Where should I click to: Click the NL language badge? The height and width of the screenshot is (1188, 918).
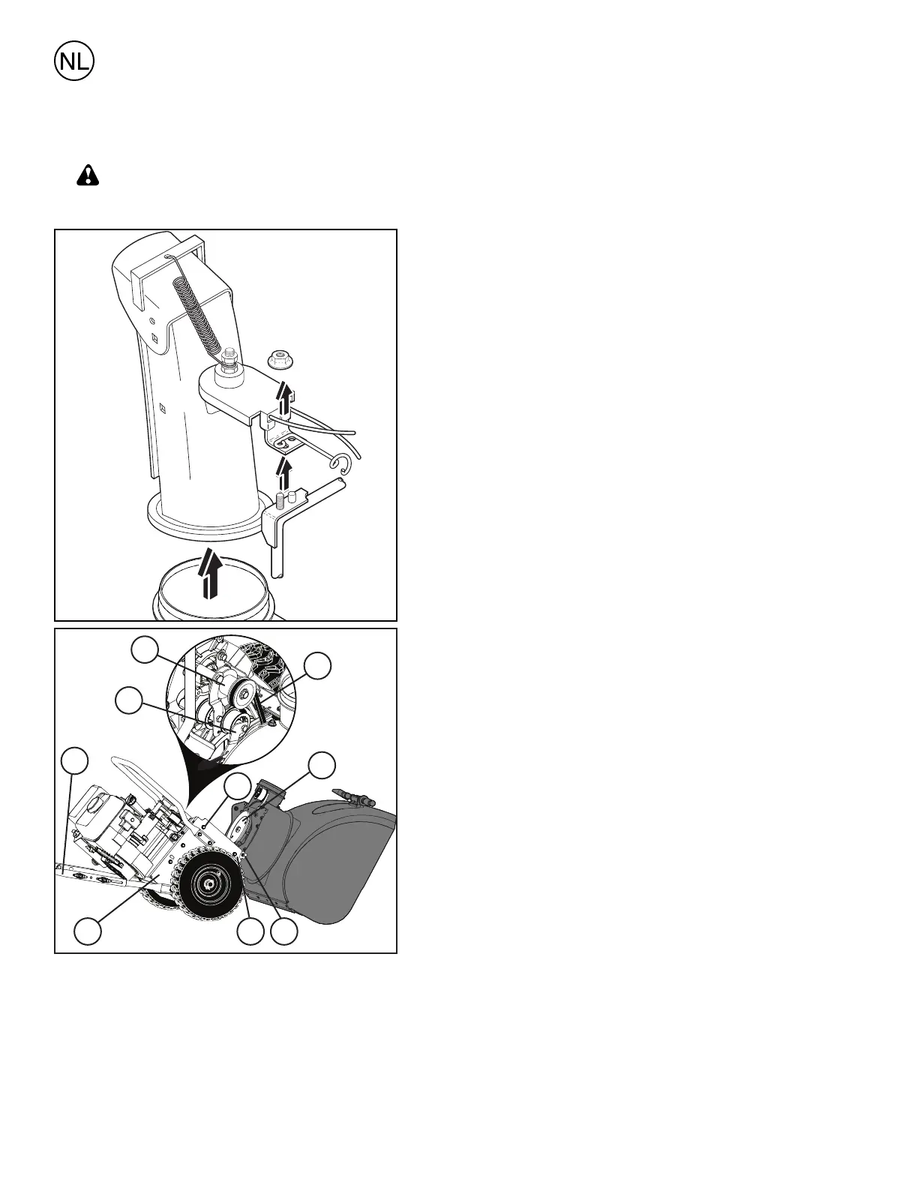click(74, 63)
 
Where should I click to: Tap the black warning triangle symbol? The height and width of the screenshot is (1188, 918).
click(88, 176)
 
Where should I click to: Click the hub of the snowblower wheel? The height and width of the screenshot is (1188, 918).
click(206, 886)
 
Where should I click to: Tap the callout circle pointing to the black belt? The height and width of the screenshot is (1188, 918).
click(318, 666)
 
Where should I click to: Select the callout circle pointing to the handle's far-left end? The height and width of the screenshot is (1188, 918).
click(73, 760)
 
